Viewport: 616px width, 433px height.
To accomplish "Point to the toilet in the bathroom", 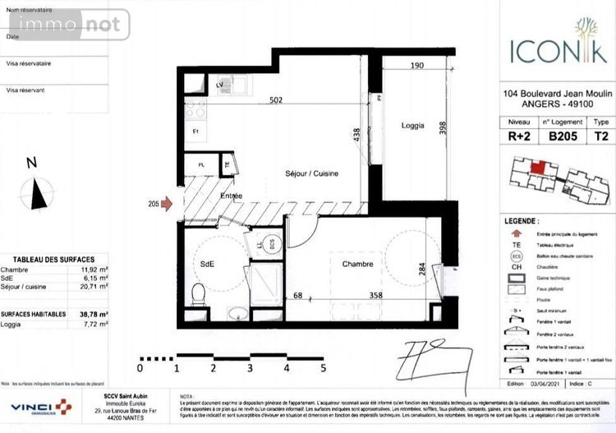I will pos(197,293).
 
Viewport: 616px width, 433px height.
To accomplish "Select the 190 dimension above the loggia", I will pos(416,66).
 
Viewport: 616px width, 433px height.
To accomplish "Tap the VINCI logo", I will pos(39,408).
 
